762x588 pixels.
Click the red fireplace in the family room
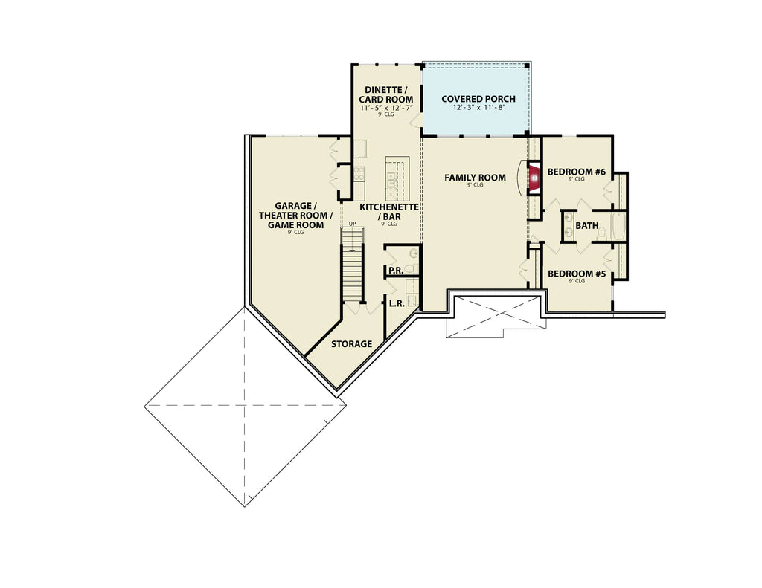pyautogui.click(x=534, y=178)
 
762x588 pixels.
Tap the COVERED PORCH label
pyautogui.click(x=478, y=99)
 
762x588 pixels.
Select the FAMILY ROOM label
pyautogui.click(x=475, y=178)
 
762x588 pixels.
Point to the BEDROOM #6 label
pyautogui.click(x=577, y=172)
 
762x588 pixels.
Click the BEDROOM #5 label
pyautogui.click(x=577, y=274)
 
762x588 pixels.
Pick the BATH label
pyautogui.click(x=586, y=226)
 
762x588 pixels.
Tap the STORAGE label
pyautogui.click(x=351, y=344)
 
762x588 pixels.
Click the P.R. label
pyautogui.click(x=396, y=271)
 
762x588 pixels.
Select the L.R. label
pyautogui.click(x=397, y=303)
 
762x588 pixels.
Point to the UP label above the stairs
pyautogui.click(x=352, y=223)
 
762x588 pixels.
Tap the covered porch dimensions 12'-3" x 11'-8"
pyautogui.click(x=478, y=107)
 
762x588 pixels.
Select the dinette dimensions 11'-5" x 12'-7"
pyautogui.click(x=386, y=108)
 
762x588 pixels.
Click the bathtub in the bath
pyautogui.click(x=618, y=226)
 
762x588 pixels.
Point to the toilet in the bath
pyautogui.click(x=601, y=233)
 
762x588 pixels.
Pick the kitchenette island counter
pyautogui.click(x=397, y=178)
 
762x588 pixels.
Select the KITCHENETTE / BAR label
pyautogui.click(x=388, y=211)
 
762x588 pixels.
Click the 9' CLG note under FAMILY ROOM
pyautogui.click(x=476, y=185)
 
